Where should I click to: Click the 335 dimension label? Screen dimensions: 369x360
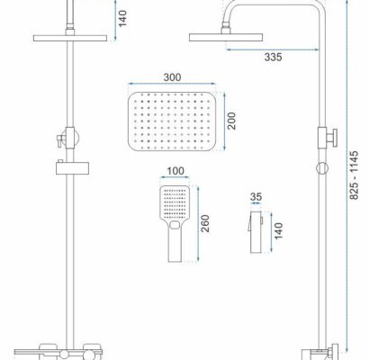click(x=273, y=57)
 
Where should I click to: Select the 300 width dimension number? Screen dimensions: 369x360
click(x=172, y=77)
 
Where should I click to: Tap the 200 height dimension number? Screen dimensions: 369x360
click(x=231, y=121)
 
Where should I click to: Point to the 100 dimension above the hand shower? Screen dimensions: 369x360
click(x=175, y=171)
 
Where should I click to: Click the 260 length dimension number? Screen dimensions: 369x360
click(x=205, y=223)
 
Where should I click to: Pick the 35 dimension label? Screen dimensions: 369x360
click(x=256, y=197)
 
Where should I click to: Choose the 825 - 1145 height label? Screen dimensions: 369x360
click(x=355, y=175)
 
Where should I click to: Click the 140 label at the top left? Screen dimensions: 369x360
click(x=122, y=19)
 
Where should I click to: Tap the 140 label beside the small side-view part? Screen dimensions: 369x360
click(x=279, y=230)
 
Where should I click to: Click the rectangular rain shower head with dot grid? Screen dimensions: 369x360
click(x=172, y=121)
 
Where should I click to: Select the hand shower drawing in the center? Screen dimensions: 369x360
click(x=175, y=224)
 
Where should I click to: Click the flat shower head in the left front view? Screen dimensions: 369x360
click(x=70, y=38)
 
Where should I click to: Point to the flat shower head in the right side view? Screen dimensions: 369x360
click(x=226, y=38)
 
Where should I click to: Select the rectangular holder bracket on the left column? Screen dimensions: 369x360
click(x=73, y=168)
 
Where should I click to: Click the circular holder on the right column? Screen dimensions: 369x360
click(x=322, y=168)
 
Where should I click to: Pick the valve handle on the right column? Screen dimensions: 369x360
click(x=333, y=138)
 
